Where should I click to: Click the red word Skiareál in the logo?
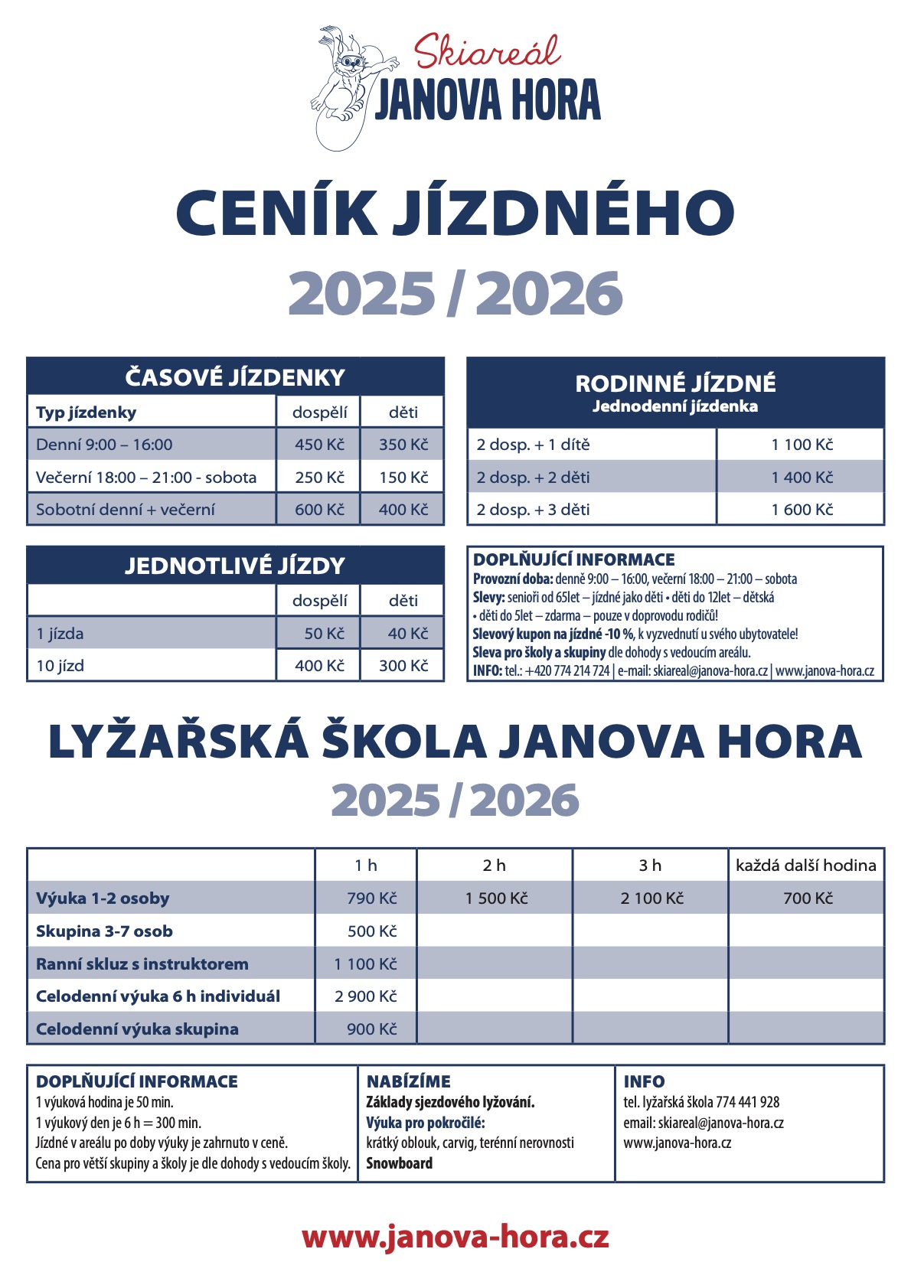[x=487, y=52]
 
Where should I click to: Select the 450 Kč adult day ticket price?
[x=319, y=445]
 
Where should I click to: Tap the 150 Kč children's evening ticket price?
[x=403, y=478]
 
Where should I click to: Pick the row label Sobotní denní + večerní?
[x=126, y=510]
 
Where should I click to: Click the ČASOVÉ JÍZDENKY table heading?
[x=235, y=377]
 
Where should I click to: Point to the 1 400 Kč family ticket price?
[x=802, y=478]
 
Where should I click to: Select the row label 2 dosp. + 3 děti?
[x=533, y=510]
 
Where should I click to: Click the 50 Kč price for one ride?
[x=324, y=634]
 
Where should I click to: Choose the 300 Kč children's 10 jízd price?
[x=403, y=666]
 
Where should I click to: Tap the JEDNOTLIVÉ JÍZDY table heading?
[x=235, y=566]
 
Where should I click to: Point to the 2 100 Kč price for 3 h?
[x=651, y=898]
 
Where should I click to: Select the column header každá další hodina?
[x=805, y=866]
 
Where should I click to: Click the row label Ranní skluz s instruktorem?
[x=142, y=964]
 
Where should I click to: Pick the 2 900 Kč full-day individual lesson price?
[x=366, y=996]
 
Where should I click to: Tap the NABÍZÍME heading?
[x=408, y=1081]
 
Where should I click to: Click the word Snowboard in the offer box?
[x=399, y=1163]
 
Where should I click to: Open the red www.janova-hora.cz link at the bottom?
[x=455, y=1237]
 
